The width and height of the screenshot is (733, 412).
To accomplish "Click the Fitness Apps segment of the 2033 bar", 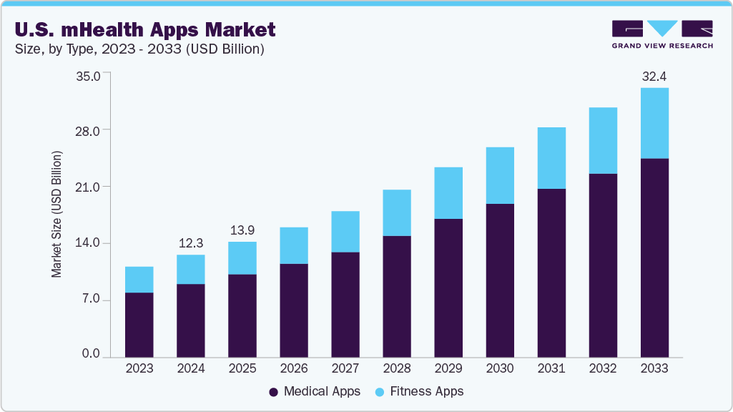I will click(x=654, y=123).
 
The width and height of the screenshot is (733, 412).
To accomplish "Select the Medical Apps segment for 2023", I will click(x=139, y=324).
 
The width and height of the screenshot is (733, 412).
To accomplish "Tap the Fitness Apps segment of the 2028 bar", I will click(x=397, y=212).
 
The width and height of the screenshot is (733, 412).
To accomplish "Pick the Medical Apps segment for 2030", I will click(x=500, y=280).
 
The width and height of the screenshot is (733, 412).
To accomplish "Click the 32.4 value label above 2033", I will click(x=654, y=76).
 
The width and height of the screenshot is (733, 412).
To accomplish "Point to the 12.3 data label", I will click(x=191, y=243).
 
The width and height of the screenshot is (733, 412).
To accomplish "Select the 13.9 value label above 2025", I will click(x=242, y=230).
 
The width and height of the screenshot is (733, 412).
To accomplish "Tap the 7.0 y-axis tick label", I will click(x=93, y=300).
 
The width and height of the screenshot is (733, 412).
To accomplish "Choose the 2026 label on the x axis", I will click(x=294, y=368).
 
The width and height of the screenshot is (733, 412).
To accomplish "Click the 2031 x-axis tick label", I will click(x=551, y=368).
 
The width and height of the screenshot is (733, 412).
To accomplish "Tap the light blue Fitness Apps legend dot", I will click(x=380, y=392).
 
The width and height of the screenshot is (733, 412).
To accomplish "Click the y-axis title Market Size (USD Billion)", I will click(x=56, y=215).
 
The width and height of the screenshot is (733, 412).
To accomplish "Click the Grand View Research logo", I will click(x=661, y=34).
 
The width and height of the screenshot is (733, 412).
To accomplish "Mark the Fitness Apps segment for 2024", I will click(x=191, y=269).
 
